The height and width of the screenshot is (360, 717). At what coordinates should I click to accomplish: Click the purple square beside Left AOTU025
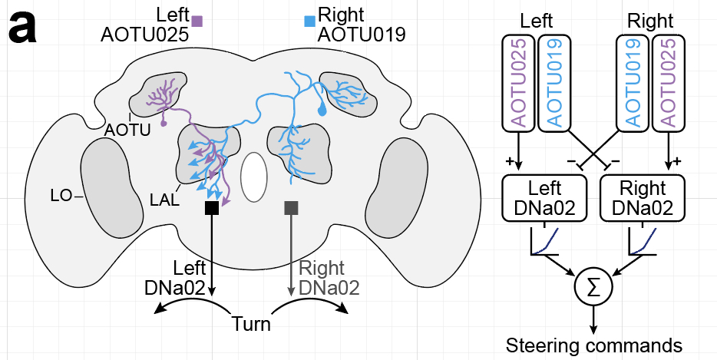point(197,21)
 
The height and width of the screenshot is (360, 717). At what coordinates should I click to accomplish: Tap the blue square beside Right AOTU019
point(309,21)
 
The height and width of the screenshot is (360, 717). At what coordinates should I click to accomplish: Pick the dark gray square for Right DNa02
point(291,208)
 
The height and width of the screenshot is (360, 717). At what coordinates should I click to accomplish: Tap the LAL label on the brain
point(165,200)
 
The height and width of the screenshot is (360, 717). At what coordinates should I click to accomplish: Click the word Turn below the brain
point(252,324)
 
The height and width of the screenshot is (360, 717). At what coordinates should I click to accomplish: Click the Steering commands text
point(593,345)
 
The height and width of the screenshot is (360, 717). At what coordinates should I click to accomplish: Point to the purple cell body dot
point(164,122)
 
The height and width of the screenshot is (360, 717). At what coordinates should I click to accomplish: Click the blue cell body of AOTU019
point(322,111)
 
